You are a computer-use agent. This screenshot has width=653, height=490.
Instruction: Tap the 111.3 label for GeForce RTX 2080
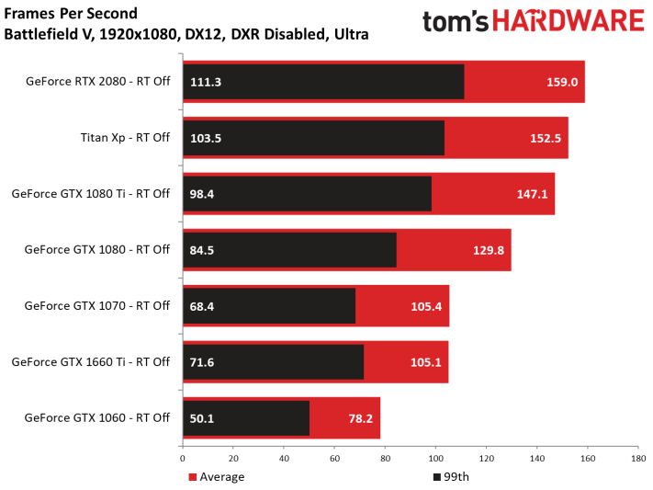point(207,82)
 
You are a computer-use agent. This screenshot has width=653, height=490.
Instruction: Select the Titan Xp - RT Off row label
point(125,138)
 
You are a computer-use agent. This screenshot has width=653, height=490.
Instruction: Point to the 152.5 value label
point(546,138)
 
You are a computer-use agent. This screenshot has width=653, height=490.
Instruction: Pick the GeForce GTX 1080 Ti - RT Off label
point(90,194)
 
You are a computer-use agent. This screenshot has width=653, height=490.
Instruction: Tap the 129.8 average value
point(489,249)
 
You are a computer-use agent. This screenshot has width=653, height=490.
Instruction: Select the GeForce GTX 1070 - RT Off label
point(96,305)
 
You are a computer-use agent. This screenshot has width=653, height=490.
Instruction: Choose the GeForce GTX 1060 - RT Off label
point(96,417)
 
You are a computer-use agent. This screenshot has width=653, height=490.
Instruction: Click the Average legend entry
point(218,476)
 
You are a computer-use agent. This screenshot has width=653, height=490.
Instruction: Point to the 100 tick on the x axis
point(435,458)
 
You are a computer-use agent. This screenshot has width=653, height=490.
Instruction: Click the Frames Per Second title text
point(72,14)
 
